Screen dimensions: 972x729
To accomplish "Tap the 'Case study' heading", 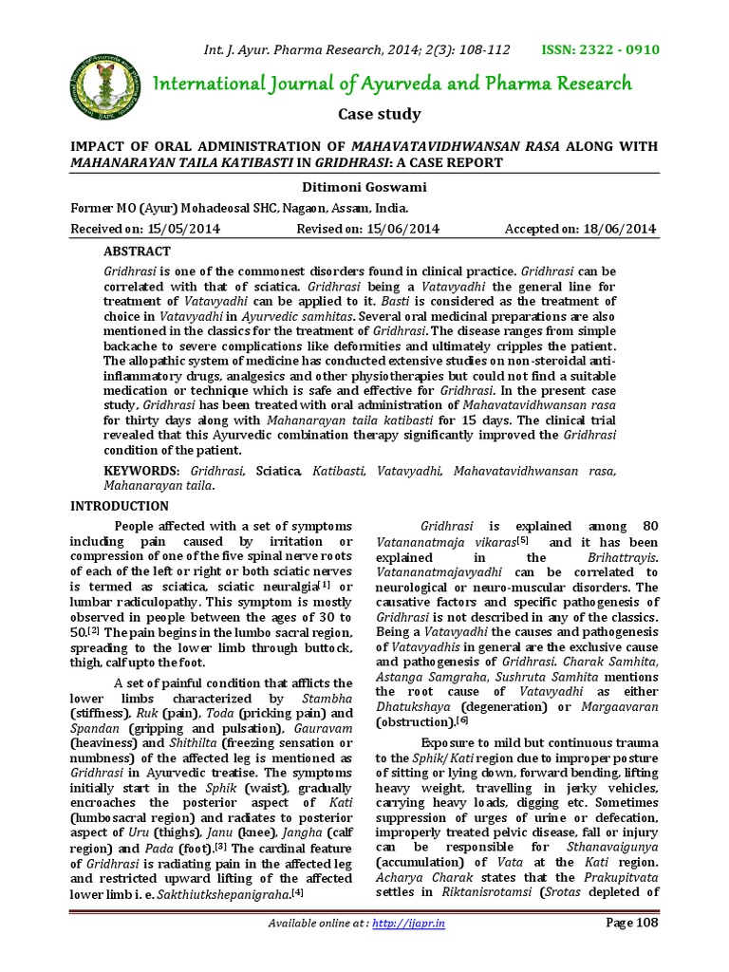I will (x=380, y=115).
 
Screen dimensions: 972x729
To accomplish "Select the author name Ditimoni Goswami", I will (x=364, y=189).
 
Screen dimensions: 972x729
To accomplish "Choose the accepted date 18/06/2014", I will (x=618, y=229).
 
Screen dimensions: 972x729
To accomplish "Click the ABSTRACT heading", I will (x=137, y=252).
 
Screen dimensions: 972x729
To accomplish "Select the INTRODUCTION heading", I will (x=121, y=506).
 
